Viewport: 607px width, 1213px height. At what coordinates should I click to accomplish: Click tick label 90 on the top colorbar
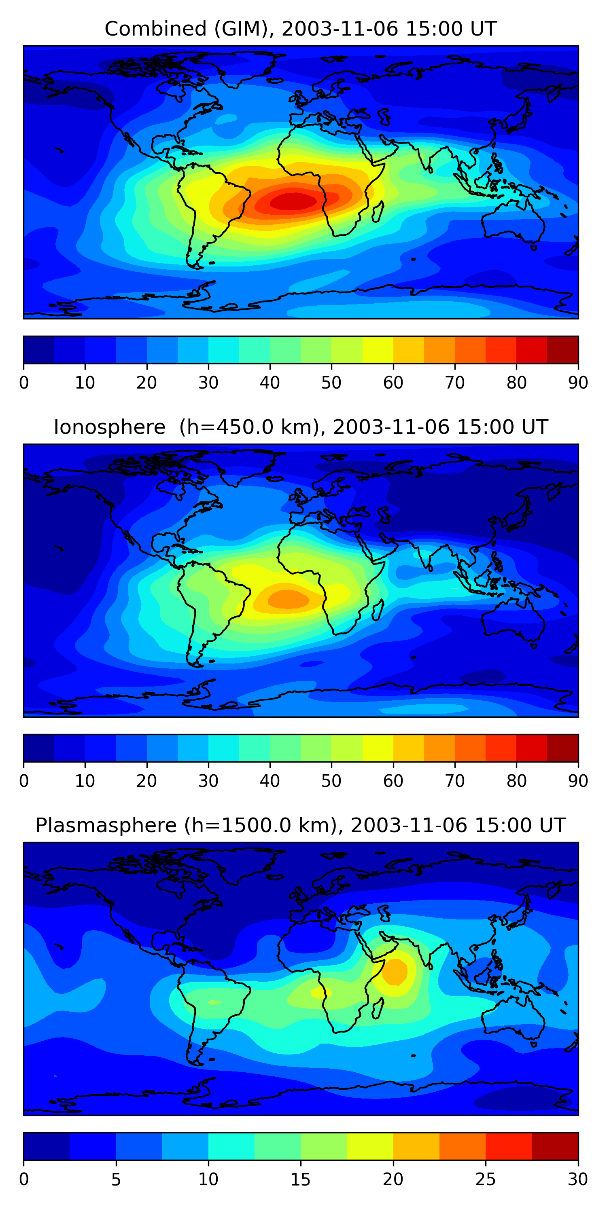pyautogui.click(x=578, y=382)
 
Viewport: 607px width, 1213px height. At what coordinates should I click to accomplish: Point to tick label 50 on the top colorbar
pyautogui.click(x=331, y=382)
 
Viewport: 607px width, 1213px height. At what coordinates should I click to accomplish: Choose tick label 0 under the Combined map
pyautogui.click(x=24, y=382)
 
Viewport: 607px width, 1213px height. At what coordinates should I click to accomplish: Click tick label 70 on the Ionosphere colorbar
pyautogui.click(x=455, y=781)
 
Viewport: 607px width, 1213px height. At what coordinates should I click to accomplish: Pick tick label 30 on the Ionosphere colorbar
pyautogui.click(x=208, y=781)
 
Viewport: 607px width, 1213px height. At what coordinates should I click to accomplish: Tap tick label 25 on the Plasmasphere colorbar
pyautogui.click(x=486, y=1179)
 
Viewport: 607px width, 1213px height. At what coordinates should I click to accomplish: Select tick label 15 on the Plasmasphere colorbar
pyautogui.click(x=301, y=1179)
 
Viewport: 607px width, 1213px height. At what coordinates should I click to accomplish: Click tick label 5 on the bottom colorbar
pyautogui.click(x=116, y=1179)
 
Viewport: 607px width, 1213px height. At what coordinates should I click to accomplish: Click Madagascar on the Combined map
pyautogui.click(x=378, y=212)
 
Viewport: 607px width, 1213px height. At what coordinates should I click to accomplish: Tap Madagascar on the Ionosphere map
pyautogui.click(x=378, y=610)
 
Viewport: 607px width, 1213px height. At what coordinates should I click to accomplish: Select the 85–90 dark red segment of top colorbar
pyautogui.click(x=563, y=349)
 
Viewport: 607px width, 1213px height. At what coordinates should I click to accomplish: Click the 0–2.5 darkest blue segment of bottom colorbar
pyautogui.click(x=47, y=1146)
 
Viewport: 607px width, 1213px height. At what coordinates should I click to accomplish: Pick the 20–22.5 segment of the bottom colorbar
pyautogui.click(x=416, y=1146)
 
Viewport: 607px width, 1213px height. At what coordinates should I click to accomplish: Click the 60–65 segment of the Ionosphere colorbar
pyautogui.click(x=409, y=748)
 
